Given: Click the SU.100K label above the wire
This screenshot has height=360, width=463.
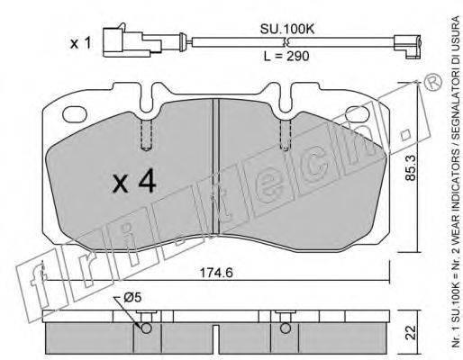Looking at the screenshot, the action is coord(287,29).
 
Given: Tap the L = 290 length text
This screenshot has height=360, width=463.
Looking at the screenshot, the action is coord(286,56).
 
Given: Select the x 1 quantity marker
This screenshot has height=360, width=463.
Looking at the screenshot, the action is coord(80,43).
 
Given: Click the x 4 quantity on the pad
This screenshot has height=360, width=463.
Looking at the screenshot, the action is coord(134,180).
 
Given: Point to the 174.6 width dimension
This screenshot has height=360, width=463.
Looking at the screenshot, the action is coord(216,273).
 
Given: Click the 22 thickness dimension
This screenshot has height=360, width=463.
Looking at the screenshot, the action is coord(411,332).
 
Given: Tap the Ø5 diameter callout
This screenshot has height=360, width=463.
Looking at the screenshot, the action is coord(132,298).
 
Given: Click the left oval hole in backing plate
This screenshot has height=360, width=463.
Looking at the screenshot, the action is coord(75,115).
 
